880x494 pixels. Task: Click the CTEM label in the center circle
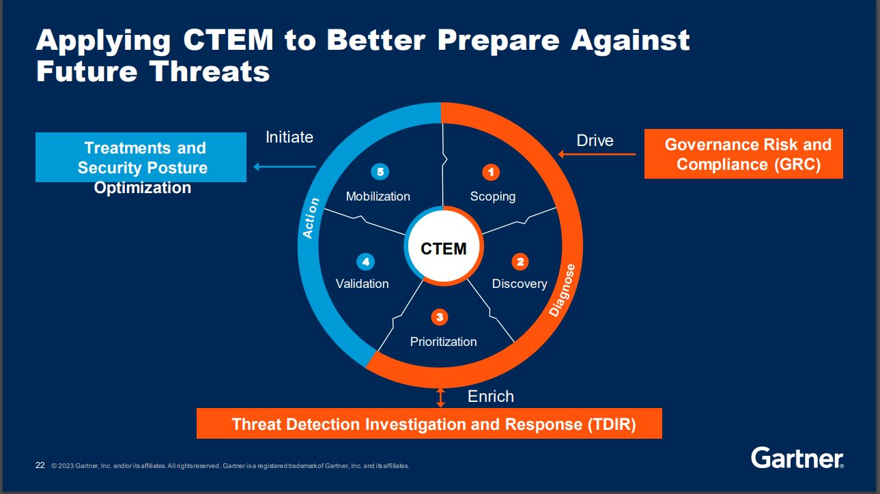coord(444,248)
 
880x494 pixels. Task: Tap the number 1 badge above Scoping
coord(490,172)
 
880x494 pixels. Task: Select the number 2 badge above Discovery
coord(520,261)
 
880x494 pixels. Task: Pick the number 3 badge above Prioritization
coord(440,317)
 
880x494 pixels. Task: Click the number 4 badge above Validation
coord(365,261)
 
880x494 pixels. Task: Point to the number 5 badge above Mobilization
coord(380,172)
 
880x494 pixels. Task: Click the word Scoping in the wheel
coord(492,197)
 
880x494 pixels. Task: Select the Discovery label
coord(519,284)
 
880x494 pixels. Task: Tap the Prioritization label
coord(443,341)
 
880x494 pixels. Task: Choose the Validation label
coord(362,284)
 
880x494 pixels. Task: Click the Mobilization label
coord(378,197)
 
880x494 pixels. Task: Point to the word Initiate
coord(289,137)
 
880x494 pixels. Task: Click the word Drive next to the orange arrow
coord(595,141)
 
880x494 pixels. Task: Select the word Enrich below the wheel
coord(490,396)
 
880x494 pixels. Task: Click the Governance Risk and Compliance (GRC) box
coord(743,154)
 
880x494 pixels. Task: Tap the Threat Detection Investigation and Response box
coord(429,424)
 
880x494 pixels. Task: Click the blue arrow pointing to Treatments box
coord(284,166)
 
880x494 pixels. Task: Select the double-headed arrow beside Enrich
coord(440,397)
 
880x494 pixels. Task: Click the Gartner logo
coord(797,458)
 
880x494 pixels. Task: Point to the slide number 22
coord(40,465)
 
